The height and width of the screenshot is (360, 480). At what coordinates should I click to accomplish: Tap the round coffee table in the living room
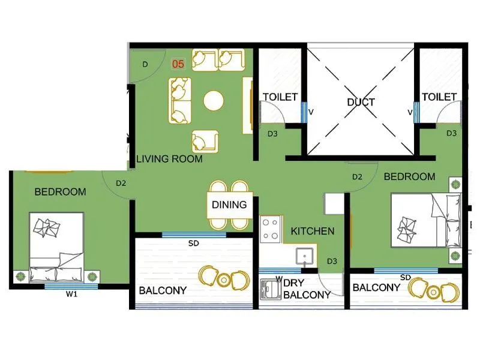(x=213, y=100)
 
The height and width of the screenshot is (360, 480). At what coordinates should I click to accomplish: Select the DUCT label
(x=361, y=102)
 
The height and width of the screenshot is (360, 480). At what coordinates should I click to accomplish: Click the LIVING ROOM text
(x=169, y=159)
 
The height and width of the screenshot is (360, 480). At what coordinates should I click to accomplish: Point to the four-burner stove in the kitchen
(x=271, y=229)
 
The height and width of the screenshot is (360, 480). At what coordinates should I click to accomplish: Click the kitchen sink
(x=305, y=256)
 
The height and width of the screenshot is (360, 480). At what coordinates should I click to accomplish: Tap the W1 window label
(x=72, y=294)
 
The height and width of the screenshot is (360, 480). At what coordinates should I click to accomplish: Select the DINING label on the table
(x=229, y=205)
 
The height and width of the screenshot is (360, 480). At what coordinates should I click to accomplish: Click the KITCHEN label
(x=313, y=231)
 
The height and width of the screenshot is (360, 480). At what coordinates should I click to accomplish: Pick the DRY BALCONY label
(x=306, y=289)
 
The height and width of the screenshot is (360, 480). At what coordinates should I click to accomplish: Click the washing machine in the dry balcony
(x=271, y=290)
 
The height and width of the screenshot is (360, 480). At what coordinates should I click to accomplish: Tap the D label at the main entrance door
(x=145, y=64)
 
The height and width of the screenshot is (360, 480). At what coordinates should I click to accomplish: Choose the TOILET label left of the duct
(x=280, y=97)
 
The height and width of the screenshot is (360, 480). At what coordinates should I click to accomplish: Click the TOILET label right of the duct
(x=439, y=97)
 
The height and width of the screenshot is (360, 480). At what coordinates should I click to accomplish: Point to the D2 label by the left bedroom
(x=121, y=183)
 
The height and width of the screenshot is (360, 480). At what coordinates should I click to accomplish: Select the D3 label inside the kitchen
(x=332, y=261)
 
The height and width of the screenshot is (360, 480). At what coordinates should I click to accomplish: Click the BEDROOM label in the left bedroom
(x=60, y=192)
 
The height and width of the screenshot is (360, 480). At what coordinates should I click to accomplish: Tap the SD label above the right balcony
(x=405, y=277)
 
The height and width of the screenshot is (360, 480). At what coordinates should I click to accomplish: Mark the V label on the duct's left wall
(x=311, y=112)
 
